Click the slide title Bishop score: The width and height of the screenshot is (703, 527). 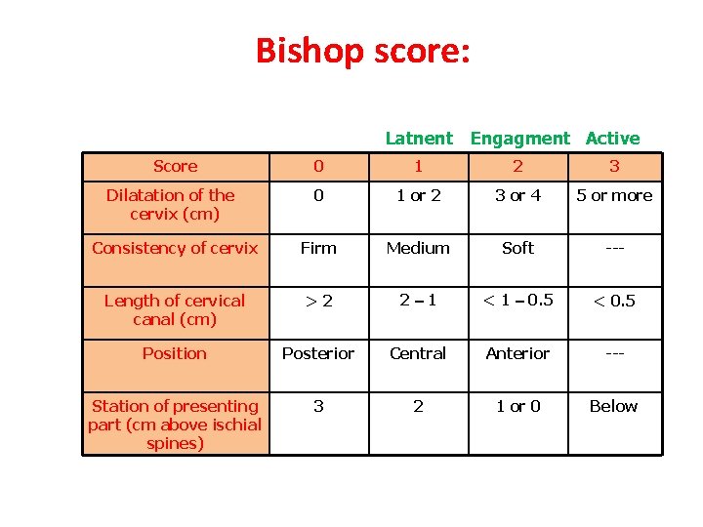[x=362, y=51]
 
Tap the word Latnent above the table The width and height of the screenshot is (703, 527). [x=419, y=139]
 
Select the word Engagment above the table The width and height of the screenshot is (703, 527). [x=519, y=139]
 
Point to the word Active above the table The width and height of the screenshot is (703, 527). [x=612, y=139]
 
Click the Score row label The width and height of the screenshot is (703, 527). [x=176, y=167]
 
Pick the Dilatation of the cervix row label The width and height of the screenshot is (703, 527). [x=175, y=204]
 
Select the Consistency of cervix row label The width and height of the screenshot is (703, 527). [x=175, y=248]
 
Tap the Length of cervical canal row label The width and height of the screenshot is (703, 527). [x=175, y=309]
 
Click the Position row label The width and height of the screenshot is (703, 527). [x=175, y=353]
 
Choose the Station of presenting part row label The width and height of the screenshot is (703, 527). [x=175, y=425]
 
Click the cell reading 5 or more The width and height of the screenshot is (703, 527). [x=614, y=195]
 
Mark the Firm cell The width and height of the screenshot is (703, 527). [x=318, y=248]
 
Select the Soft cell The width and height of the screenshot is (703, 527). [x=517, y=248]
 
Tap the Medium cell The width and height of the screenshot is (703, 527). [x=418, y=248]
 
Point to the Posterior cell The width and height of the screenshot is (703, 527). [x=318, y=353]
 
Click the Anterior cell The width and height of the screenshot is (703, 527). [x=517, y=353]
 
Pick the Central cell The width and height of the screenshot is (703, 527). [x=418, y=353]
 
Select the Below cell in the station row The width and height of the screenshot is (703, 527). [x=614, y=406]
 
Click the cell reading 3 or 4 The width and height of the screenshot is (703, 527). [x=517, y=195]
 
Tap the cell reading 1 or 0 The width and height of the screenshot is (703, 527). [x=517, y=406]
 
